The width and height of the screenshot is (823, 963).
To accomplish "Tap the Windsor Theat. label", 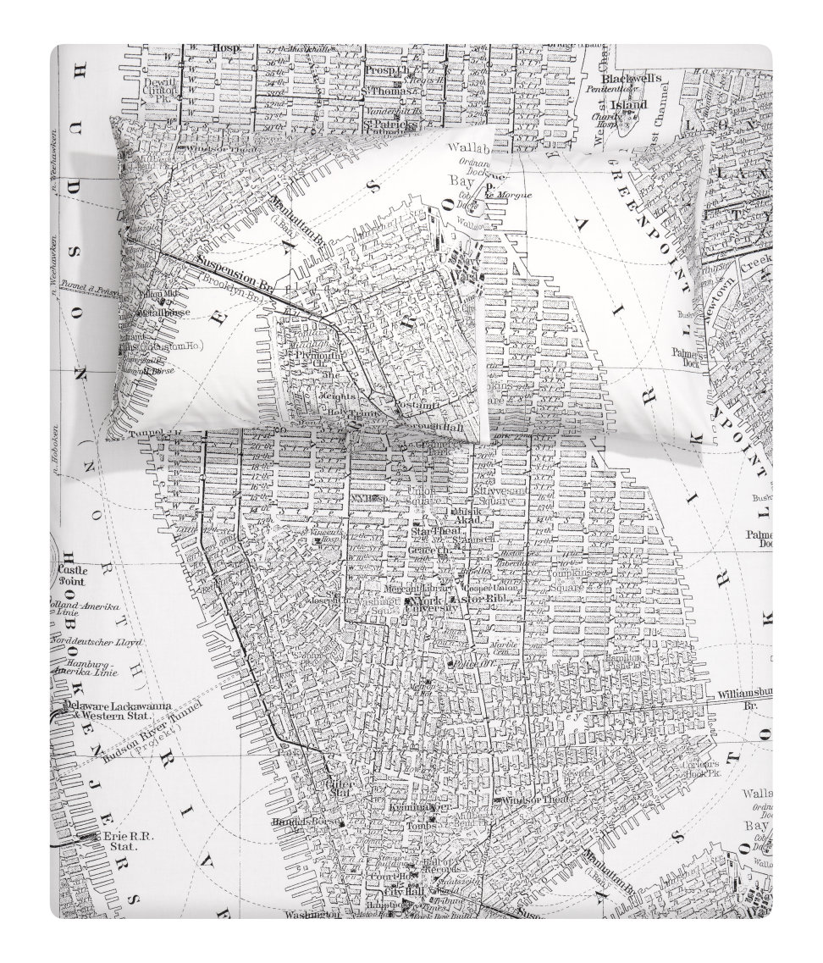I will click(532, 800).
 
